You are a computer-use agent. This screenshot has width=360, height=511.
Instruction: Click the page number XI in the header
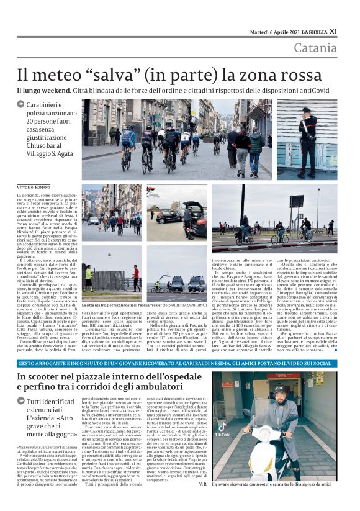point(333,31)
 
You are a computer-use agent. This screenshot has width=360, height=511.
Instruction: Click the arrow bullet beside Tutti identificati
point(20,402)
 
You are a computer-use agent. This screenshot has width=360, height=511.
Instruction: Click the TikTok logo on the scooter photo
point(222,435)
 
